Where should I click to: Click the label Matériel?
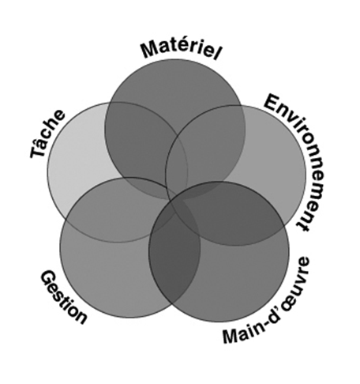[x=181, y=50]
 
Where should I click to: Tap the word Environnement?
[x=298, y=160]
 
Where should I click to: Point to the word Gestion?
[x=63, y=297]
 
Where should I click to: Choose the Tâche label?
[x=47, y=134]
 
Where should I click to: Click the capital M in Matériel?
[x=148, y=50]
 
